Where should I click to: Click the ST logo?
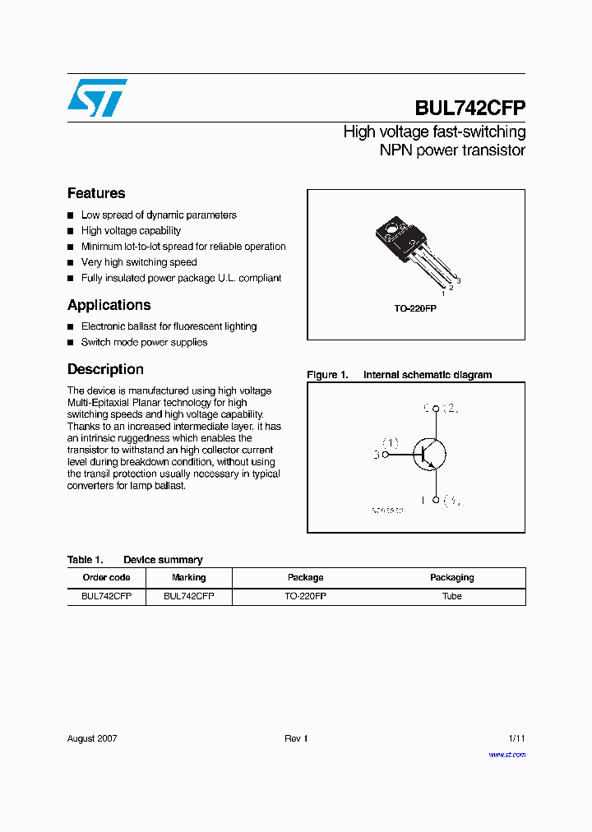coord(97,98)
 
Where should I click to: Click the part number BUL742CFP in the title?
coord(469,109)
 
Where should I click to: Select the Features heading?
coord(96,193)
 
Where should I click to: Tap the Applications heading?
coord(109,305)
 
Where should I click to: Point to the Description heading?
coord(105,369)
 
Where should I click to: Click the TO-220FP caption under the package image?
coord(415,307)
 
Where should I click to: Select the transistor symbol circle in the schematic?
coord(430,453)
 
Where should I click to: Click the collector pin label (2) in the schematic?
coord(451,408)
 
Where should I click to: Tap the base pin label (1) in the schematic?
coord(391,442)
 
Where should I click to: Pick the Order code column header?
coord(106,577)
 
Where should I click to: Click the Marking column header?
coord(188,577)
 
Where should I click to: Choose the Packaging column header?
coord(451,577)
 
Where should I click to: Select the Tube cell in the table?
coord(451,596)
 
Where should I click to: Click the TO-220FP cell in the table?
coord(305,596)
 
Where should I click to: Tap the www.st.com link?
coord(506,754)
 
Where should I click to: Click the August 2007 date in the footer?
coord(92,738)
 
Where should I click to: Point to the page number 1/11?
coord(516,738)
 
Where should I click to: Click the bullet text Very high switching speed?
coord(139,262)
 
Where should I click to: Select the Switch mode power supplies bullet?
coord(144,342)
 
